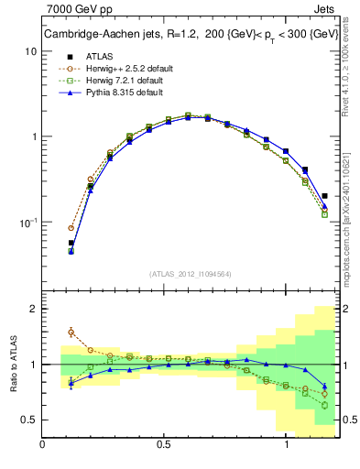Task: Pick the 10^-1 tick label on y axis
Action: (27, 223)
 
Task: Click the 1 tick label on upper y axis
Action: (33, 136)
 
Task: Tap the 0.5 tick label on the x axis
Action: (165, 444)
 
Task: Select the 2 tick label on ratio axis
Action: (33, 309)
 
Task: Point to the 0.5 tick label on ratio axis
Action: (28, 420)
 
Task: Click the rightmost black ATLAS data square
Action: (325, 195)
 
